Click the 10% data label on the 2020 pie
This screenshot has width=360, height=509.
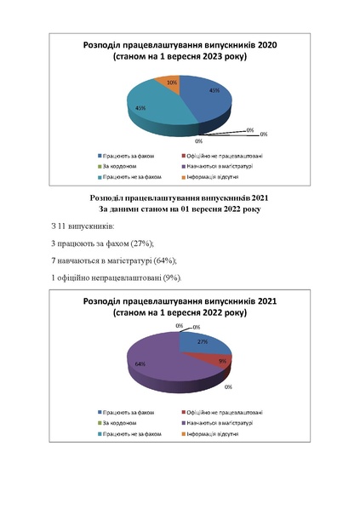pos(172,83)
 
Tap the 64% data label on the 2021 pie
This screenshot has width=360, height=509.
pos(139,363)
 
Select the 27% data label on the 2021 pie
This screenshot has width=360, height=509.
pos(203,342)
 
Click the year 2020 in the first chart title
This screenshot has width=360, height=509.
pos(266,45)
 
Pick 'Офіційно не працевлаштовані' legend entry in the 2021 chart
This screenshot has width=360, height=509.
pos(220,412)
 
